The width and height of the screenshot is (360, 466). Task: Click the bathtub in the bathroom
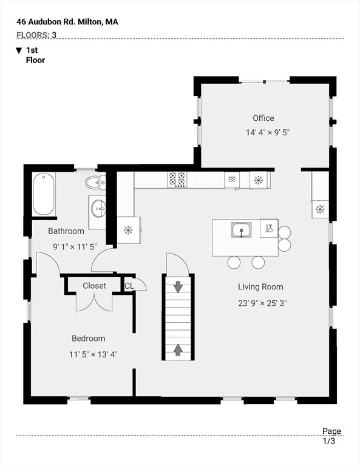(44, 194)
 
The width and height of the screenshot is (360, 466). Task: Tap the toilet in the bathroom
(95, 182)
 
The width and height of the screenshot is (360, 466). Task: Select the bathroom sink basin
(98, 209)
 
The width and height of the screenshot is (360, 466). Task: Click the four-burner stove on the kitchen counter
(177, 180)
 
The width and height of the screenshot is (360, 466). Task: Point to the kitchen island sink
(242, 230)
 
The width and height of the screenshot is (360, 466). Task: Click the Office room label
(263, 118)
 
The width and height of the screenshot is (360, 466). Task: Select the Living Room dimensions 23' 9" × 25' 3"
(262, 303)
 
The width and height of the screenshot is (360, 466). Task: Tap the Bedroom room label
(88, 338)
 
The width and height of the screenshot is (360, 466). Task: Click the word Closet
(94, 286)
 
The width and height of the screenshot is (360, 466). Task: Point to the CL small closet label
(129, 286)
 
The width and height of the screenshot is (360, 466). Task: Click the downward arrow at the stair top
(178, 287)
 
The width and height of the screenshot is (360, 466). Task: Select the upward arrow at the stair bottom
(178, 349)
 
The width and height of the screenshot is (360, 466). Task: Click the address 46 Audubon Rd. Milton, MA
(67, 22)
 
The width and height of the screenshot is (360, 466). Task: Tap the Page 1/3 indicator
(331, 436)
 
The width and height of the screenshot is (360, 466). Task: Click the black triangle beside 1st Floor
(19, 50)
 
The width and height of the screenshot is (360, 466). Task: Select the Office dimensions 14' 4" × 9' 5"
(267, 132)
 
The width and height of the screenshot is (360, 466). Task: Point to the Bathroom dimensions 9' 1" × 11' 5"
(75, 247)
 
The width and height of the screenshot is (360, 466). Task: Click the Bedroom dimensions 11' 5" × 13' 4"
(93, 354)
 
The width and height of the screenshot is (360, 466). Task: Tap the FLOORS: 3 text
(36, 35)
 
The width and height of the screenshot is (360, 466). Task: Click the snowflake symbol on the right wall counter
(320, 209)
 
